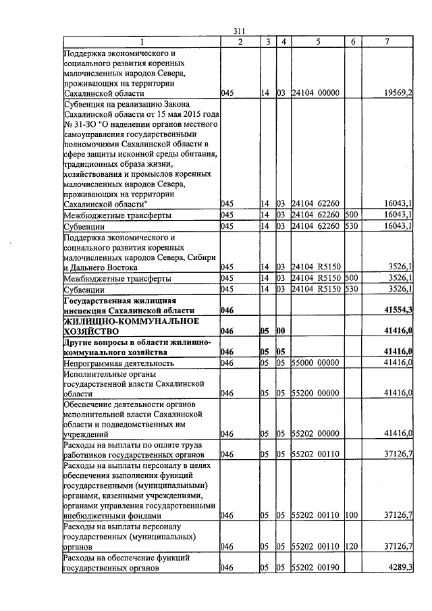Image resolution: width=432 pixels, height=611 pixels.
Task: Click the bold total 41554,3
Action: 398,309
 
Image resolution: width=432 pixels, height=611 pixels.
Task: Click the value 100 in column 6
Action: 350,515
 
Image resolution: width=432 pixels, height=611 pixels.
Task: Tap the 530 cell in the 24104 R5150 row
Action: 350,289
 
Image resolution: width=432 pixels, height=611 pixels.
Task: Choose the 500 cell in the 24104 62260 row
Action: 350,215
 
